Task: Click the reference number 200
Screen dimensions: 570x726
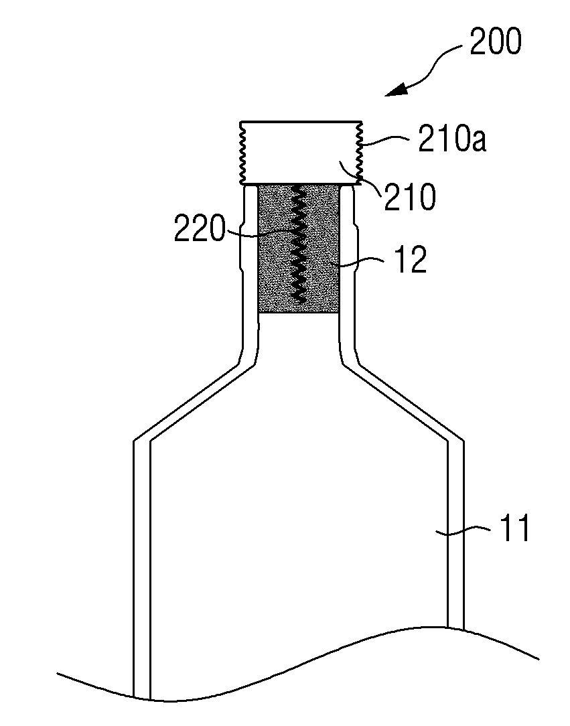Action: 496,42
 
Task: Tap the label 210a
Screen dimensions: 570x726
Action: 452,139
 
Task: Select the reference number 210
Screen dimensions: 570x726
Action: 410,197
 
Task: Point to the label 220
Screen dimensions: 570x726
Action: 200,228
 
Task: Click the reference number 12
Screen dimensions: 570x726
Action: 410,260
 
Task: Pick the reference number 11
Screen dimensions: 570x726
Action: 516,528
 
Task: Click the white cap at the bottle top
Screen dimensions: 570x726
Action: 301,153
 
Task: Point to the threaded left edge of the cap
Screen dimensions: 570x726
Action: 242,153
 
